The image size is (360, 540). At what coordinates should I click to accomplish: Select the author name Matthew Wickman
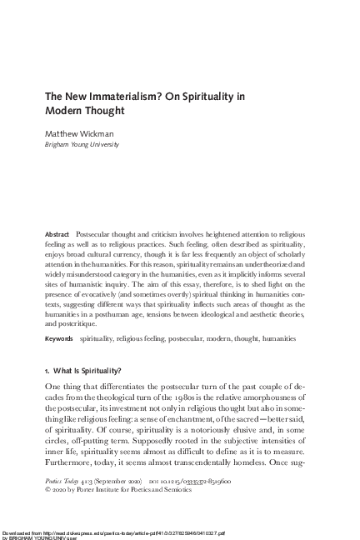pyautogui.click(x=80, y=132)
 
